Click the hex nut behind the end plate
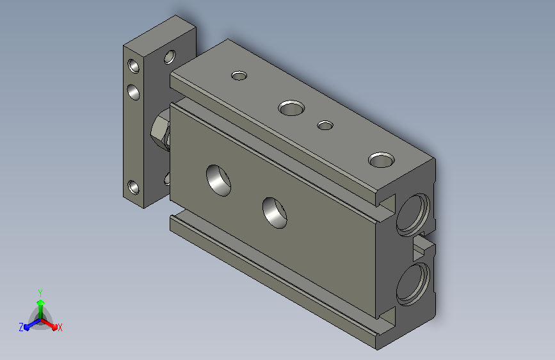pyautogui.click(x=160, y=130)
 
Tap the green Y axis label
pyautogui.click(x=40, y=293)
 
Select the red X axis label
pyautogui.click(x=60, y=327)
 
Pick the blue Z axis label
pyautogui.click(x=21, y=327)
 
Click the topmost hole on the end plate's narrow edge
pyautogui.click(x=133, y=66)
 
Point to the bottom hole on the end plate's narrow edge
pyautogui.click(x=133, y=188)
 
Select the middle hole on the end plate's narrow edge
pyautogui.click(x=133, y=92)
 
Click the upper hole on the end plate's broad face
pyautogui.click(x=170, y=57)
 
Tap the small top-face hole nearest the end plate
pyautogui.click(x=239, y=76)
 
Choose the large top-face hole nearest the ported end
pyautogui.click(x=382, y=160)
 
